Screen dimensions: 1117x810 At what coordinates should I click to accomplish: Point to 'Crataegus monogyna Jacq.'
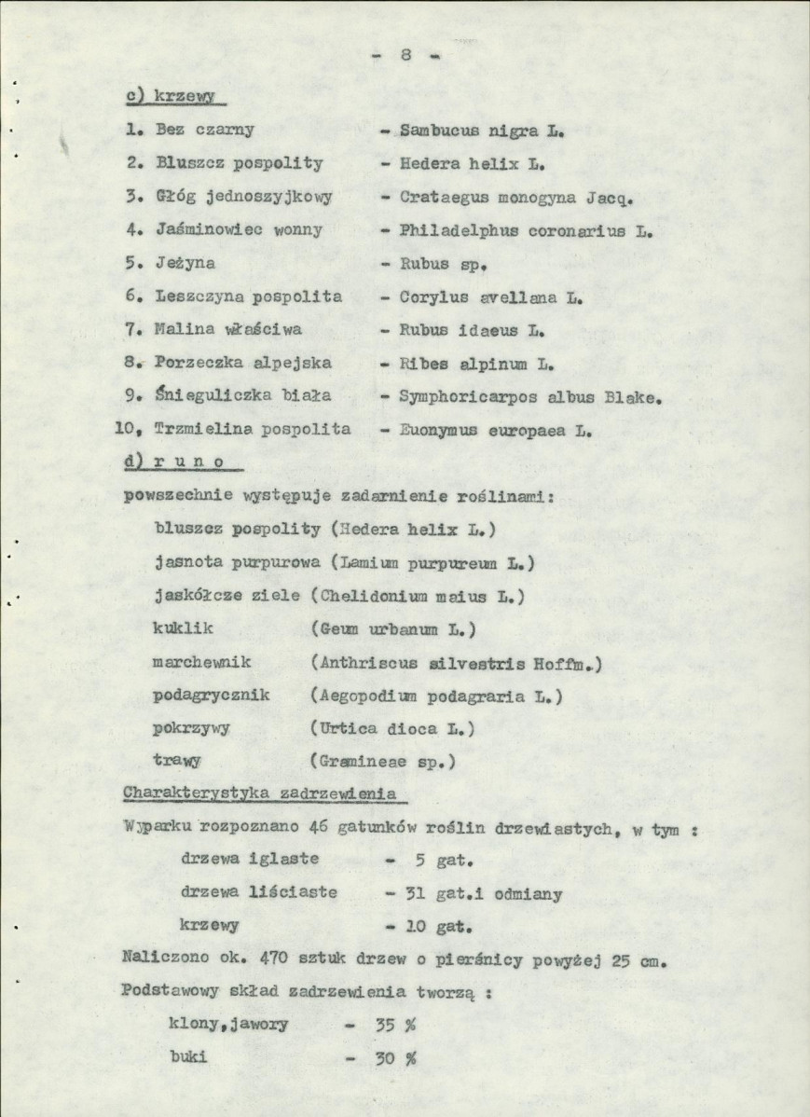pos(515,197)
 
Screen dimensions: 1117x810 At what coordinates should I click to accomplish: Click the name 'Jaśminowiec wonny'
pos(239,229)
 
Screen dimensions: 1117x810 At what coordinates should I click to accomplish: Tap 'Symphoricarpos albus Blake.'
pos(529,396)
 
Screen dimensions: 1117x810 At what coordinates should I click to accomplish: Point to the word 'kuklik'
pos(183,628)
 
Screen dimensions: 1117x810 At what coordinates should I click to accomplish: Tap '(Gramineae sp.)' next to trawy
pos(383,761)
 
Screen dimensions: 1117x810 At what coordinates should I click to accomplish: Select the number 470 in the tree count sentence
pos(249,958)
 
